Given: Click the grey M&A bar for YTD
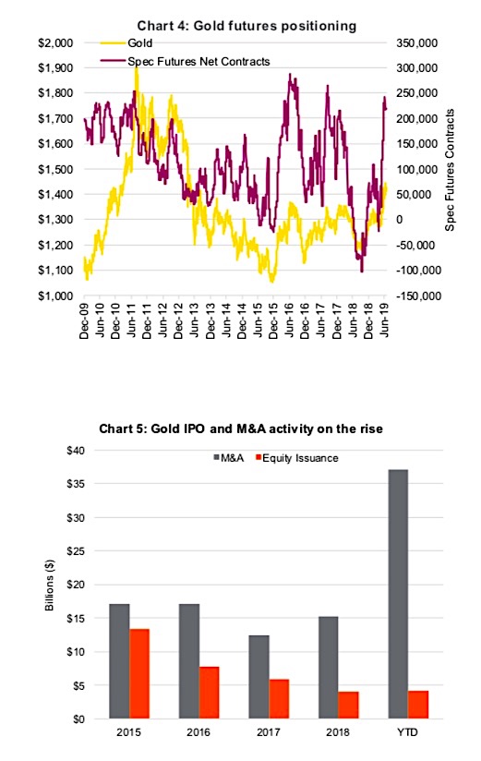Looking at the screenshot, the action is coord(398,594).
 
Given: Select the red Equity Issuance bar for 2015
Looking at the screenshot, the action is coord(139,673).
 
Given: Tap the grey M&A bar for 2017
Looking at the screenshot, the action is coord(259,677).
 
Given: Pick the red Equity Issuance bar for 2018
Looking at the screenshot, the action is coord(348,705).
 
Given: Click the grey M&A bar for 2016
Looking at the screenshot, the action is coord(189,661).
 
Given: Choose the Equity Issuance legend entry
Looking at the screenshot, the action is coord(297,458).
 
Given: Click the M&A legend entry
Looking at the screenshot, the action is coord(229,458).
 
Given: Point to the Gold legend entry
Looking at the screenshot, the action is coord(127,43).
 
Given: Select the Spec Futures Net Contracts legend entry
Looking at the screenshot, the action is coord(185,62).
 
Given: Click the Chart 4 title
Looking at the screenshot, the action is coord(247,26).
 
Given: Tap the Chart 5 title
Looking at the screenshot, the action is coord(241,429).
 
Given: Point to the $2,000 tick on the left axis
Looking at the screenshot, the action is coord(55,43).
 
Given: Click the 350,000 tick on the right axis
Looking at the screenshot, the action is coord(417,43).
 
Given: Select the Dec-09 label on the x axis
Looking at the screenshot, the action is coord(84,320).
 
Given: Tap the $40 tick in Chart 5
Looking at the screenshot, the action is coord(76,451).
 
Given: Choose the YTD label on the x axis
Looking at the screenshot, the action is coord(408,731).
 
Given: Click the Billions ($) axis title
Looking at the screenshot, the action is coord(50,585).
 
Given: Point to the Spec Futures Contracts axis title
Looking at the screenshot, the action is coord(450,170).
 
